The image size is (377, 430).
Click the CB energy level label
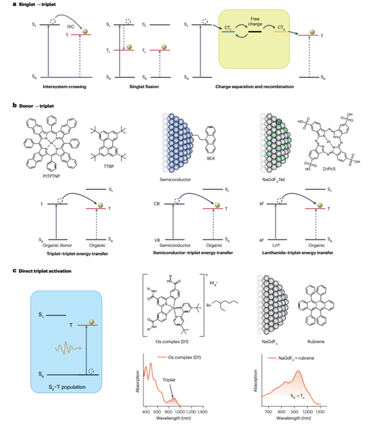coord(162,204)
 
